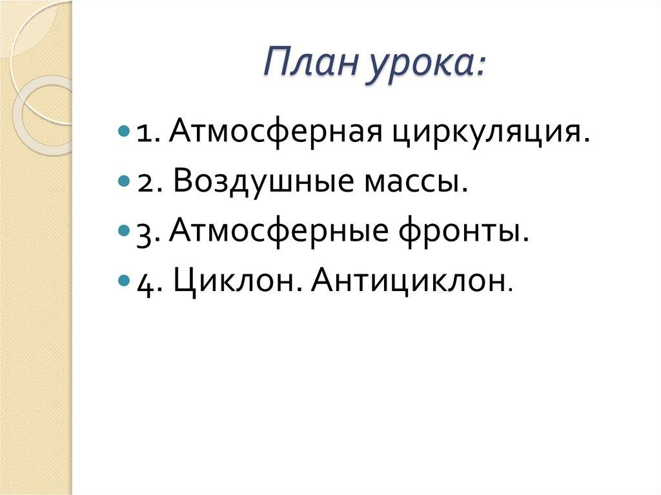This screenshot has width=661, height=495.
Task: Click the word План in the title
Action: point(307,65)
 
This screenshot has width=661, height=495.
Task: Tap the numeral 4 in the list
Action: point(144,281)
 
